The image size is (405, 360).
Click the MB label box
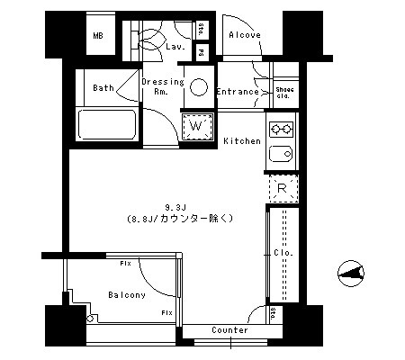click(x=98, y=37)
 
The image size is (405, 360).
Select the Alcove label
click(x=244, y=35)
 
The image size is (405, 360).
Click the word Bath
click(x=103, y=88)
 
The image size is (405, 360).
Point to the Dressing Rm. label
click(x=162, y=86)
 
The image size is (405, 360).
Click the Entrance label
click(x=238, y=92)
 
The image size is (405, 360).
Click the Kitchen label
click(x=241, y=141)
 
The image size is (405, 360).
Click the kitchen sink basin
click(x=281, y=154)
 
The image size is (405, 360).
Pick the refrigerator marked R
click(x=282, y=187)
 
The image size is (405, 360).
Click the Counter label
click(x=229, y=330)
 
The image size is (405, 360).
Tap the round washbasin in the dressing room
click(x=199, y=89)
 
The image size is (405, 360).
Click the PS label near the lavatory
click(x=202, y=53)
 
